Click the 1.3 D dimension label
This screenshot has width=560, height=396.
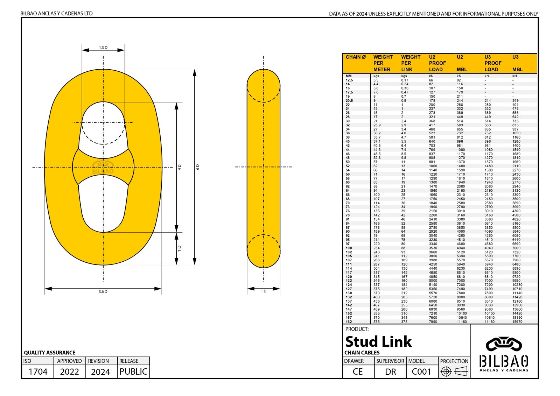point(103,48)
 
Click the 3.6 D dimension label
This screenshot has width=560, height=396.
point(103,292)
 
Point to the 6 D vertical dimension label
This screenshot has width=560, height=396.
point(198,167)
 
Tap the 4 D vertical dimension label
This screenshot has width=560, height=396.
point(180,167)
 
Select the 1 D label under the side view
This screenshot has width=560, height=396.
point(264,291)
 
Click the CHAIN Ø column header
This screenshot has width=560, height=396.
point(355,57)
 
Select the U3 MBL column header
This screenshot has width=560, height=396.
point(517,63)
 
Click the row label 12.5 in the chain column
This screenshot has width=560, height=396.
point(349,80)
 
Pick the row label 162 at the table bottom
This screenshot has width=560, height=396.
point(349,321)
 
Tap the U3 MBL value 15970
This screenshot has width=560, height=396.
point(517,321)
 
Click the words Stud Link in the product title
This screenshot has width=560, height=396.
point(378,342)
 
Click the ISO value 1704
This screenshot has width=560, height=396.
point(38,372)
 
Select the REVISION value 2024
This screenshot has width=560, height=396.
point(100,372)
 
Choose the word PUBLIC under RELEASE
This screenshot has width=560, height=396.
point(133,372)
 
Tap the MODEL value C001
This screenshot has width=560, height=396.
point(421,372)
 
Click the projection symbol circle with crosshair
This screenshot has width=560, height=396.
point(446,372)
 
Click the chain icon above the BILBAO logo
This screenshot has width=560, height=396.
point(504,344)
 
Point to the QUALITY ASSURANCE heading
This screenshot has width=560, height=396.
point(50,353)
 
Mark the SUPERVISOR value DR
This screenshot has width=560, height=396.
point(391,372)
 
